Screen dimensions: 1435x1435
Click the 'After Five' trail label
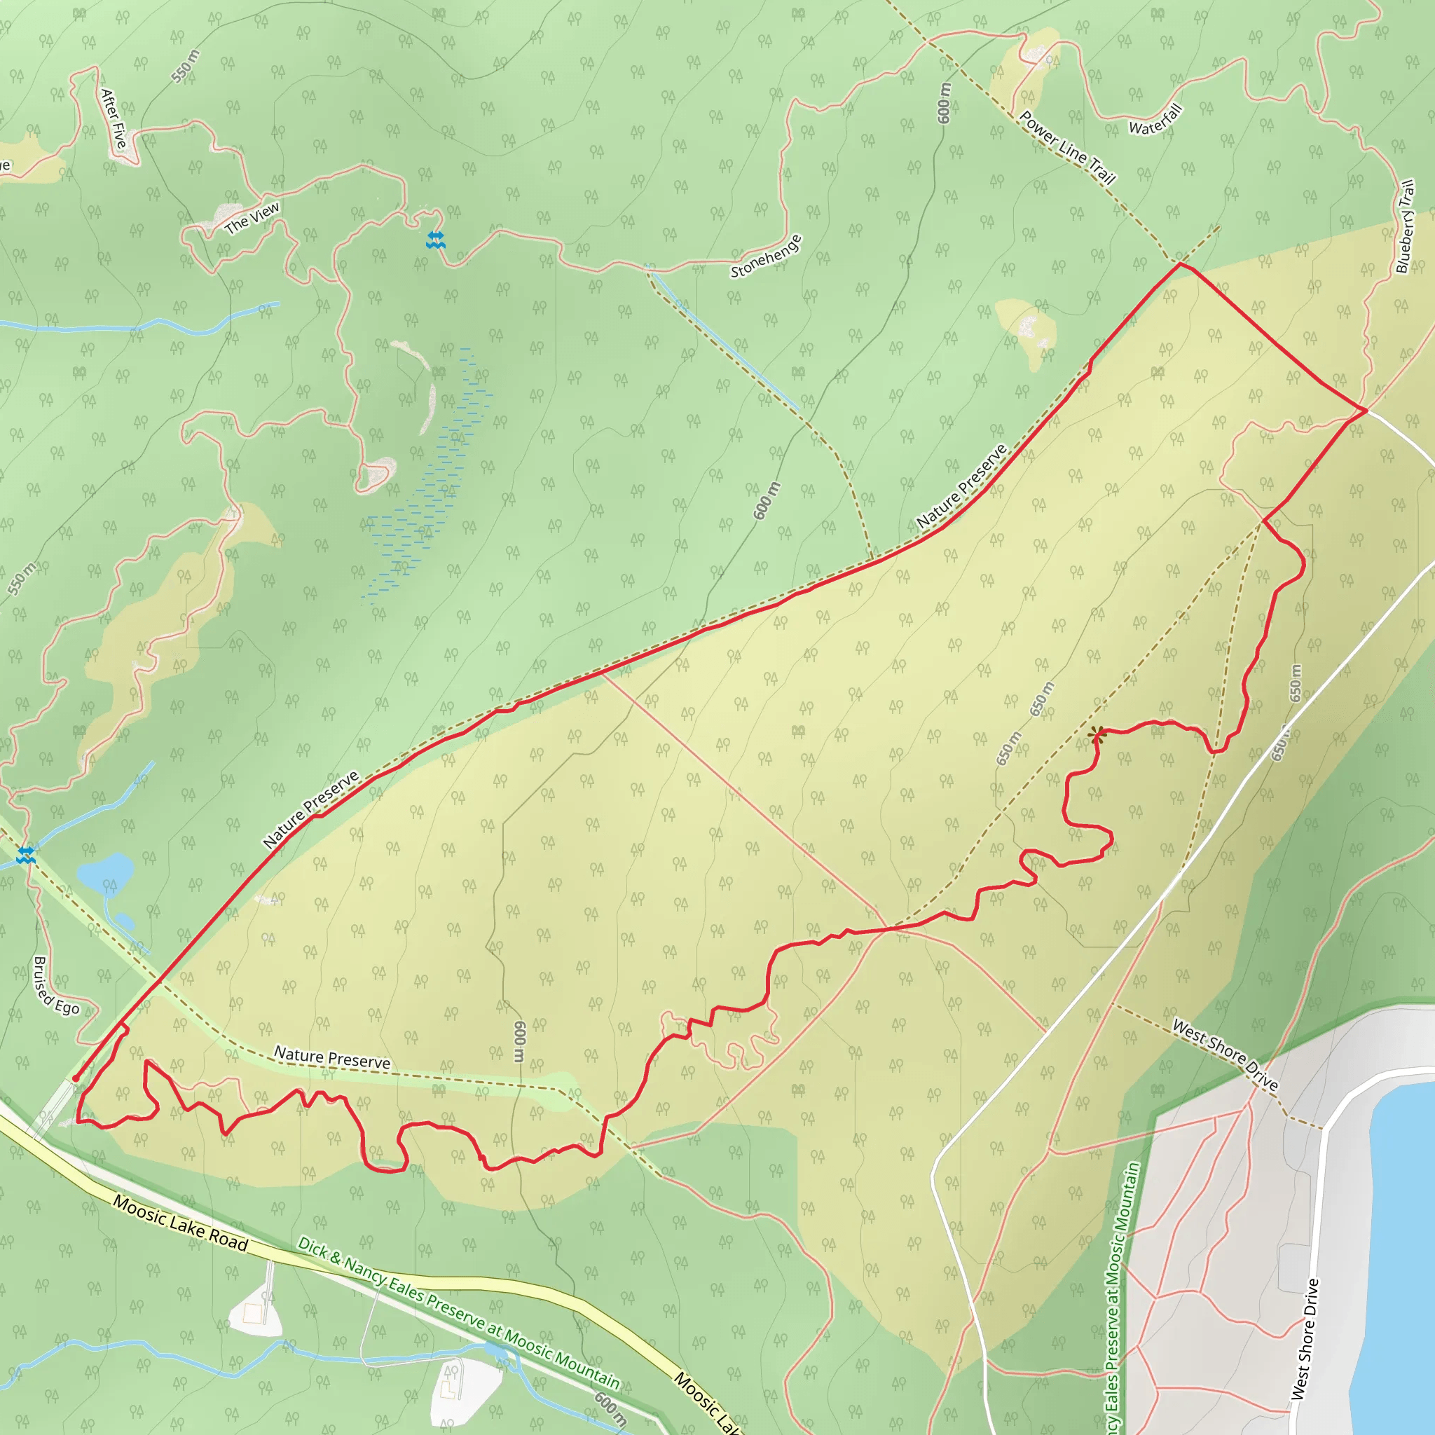coord(114,117)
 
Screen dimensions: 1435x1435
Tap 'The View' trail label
coord(252,218)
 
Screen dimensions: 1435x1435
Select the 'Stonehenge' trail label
coord(766,256)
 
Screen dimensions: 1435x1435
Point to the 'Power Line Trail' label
coord(1067,147)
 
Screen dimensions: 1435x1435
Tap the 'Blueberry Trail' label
coord(1406,226)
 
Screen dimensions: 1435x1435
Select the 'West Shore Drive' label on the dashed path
coord(1225,1055)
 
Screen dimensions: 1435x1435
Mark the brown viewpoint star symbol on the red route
coord(1097,735)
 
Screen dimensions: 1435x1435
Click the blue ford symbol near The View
coord(435,239)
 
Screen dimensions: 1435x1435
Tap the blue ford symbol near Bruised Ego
coord(26,855)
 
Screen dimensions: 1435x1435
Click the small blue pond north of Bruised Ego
coord(106,874)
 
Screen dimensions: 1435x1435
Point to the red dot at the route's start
coord(76,1078)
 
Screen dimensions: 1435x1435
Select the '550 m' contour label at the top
coord(185,66)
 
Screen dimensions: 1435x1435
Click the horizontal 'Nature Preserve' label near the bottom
coord(332,1057)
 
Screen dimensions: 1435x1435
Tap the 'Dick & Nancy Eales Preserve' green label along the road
coord(458,1312)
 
